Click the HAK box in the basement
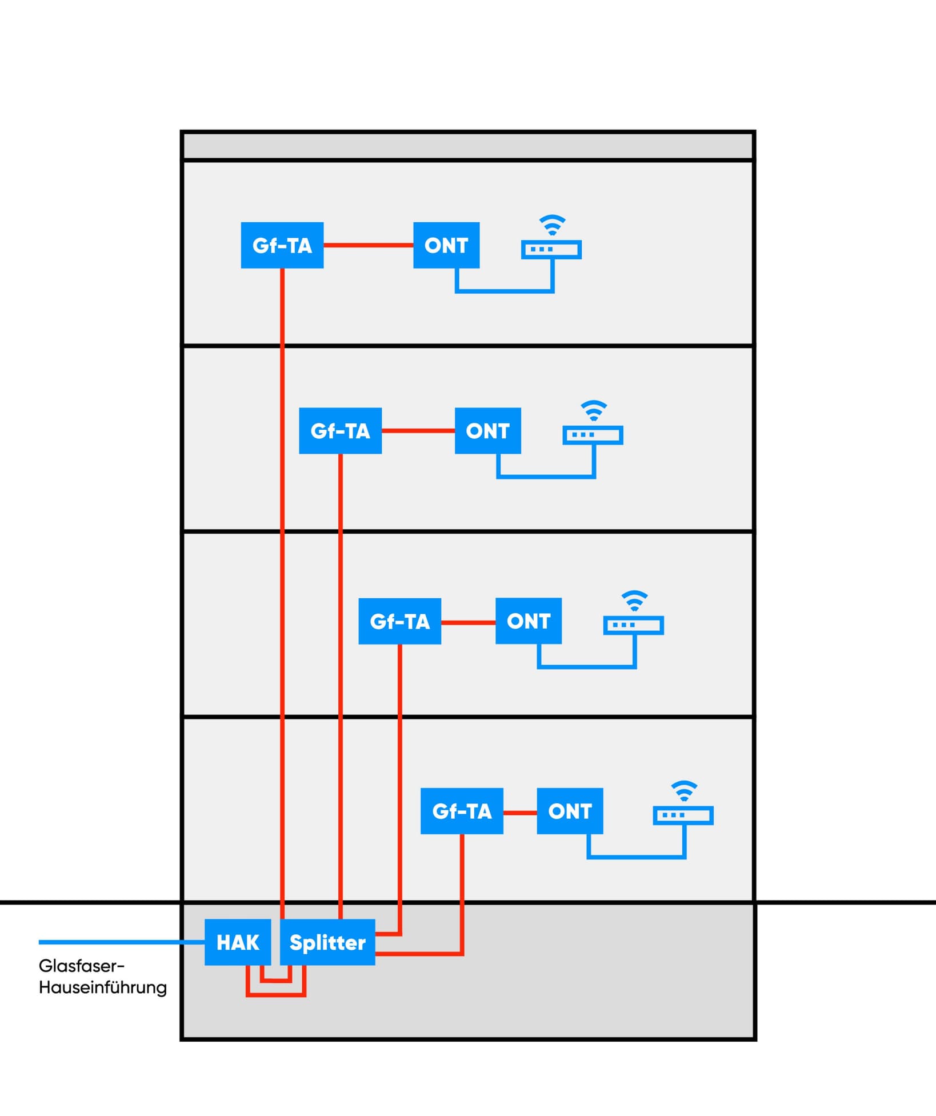(x=238, y=942)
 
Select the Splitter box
(x=327, y=942)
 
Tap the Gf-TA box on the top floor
(x=282, y=245)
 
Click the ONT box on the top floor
(x=446, y=245)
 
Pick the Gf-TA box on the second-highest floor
(x=341, y=431)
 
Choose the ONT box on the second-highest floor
(x=488, y=431)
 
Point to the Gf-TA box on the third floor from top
(x=400, y=621)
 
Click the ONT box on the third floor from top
(x=529, y=621)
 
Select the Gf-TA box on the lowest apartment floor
(x=462, y=811)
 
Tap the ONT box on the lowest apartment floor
(x=570, y=811)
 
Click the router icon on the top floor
(x=551, y=250)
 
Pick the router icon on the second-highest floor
(x=593, y=435)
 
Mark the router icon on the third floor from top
(x=634, y=625)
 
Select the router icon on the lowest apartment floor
(x=683, y=815)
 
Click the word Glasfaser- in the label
(x=81, y=966)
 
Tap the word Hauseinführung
(x=103, y=987)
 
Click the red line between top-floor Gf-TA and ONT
(x=369, y=245)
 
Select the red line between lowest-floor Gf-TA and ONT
(x=520, y=813)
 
